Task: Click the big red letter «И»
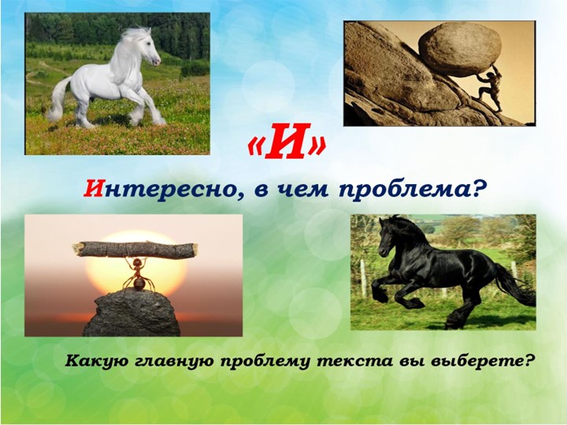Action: (x=287, y=142)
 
